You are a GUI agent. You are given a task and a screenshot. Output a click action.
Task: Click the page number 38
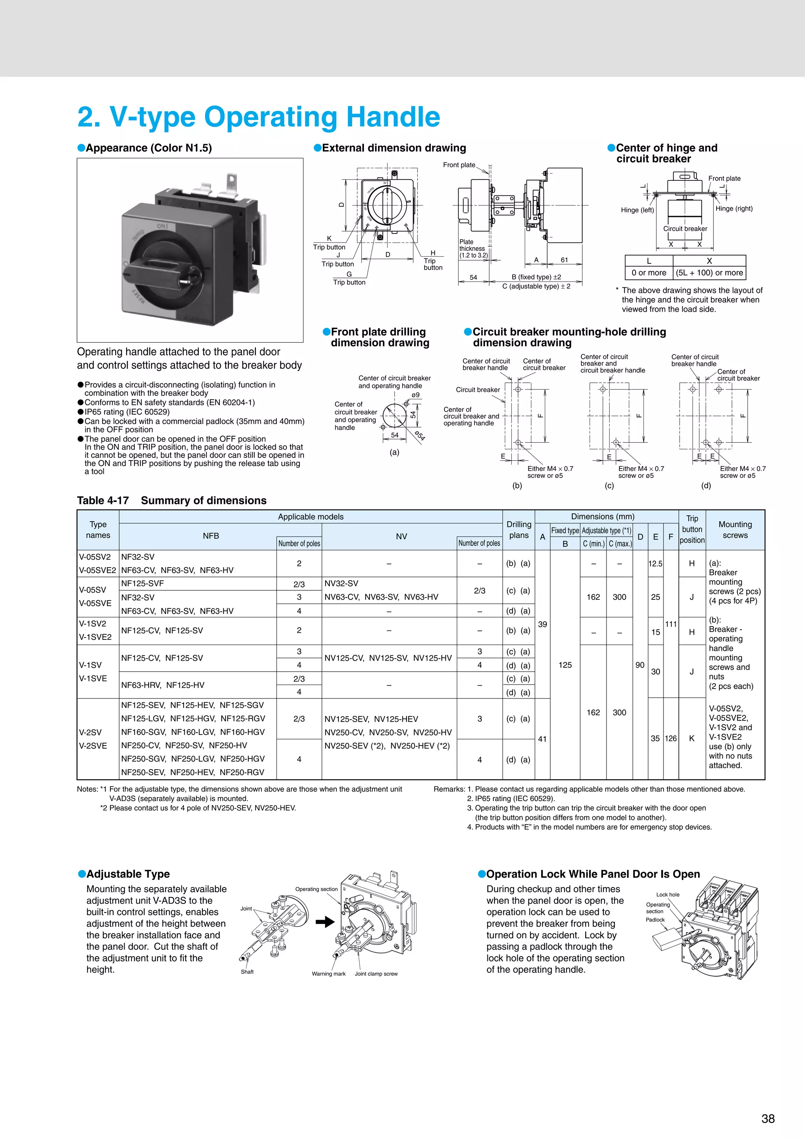click(x=767, y=1118)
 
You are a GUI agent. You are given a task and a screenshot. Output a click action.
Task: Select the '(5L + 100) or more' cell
click(x=709, y=272)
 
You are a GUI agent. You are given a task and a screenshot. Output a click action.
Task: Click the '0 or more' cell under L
click(x=649, y=272)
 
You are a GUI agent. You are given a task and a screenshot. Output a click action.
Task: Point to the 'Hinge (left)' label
click(x=637, y=210)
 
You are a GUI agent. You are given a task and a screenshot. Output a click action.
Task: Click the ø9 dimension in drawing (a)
click(x=415, y=395)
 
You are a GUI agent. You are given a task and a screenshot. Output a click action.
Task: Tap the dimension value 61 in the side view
click(x=564, y=259)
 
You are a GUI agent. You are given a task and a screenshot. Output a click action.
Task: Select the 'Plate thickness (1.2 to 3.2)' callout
click(x=473, y=248)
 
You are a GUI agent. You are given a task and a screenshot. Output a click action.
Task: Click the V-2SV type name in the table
click(x=90, y=732)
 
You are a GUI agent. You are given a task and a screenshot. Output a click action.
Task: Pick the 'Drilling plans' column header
click(x=518, y=530)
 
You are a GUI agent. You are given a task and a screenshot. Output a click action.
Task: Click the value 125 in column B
click(x=565, y=665)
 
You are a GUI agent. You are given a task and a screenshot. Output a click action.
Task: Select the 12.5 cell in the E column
click(x=655, y=564)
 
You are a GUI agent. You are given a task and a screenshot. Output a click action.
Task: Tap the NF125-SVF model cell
click(x=142, y=583)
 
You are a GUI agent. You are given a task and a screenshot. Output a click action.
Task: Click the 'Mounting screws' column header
click(x=735, y=530)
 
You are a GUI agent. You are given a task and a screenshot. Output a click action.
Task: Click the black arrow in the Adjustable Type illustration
click(x=325, y=922)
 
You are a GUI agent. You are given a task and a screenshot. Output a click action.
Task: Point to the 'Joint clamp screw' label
click(x=376, y=974)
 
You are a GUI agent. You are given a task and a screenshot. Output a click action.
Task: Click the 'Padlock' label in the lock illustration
click(x=655, y=920)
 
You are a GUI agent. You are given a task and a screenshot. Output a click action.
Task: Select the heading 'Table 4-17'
click(x=103, y=501)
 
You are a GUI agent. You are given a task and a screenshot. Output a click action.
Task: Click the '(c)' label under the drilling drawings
click(x=609, y=486)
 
